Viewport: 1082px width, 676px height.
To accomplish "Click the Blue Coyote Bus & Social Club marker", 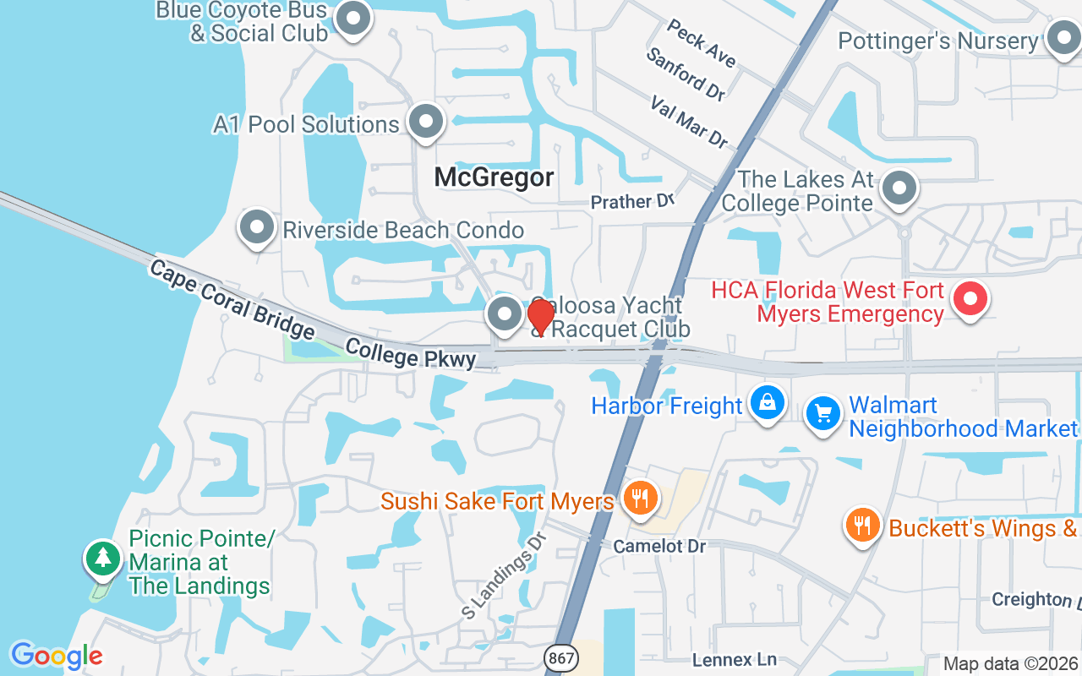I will click(x=353, y=18).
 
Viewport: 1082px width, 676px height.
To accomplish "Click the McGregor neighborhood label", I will click(x=495, y=177).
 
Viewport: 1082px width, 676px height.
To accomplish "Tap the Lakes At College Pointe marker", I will click(x=899, y=188).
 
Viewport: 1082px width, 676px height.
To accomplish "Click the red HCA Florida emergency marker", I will click(x=970, y=299).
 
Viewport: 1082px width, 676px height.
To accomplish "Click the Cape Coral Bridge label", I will click(x=232, y=300).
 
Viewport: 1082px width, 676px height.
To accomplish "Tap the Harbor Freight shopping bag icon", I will click(x=767, y=403).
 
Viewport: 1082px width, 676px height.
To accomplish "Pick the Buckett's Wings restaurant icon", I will click(x=862, y=525).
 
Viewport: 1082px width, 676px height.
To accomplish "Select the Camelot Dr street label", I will click(x=660, y=546).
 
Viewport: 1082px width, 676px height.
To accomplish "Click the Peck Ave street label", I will click(x=701, y=43).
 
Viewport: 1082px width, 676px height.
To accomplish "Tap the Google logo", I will click(x=57, y=656).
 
